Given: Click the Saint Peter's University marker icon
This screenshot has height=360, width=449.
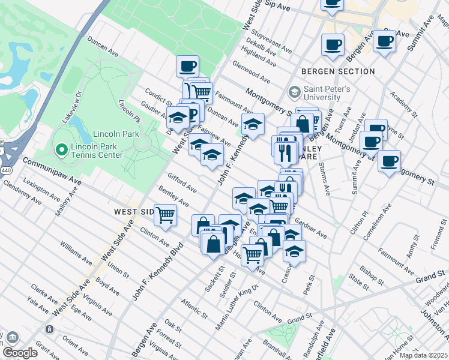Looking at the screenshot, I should [x=294, y=92].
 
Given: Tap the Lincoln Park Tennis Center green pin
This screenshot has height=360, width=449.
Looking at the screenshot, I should [x=60, y=148].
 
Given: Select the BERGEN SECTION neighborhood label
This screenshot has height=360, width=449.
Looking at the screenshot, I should [x=339, y=71].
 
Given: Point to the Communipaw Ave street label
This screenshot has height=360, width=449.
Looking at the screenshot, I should [x=52, y=170].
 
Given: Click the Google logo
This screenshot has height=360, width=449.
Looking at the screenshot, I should [x=20, y=353].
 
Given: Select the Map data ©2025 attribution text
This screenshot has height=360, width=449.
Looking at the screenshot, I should [x=423, y=355].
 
